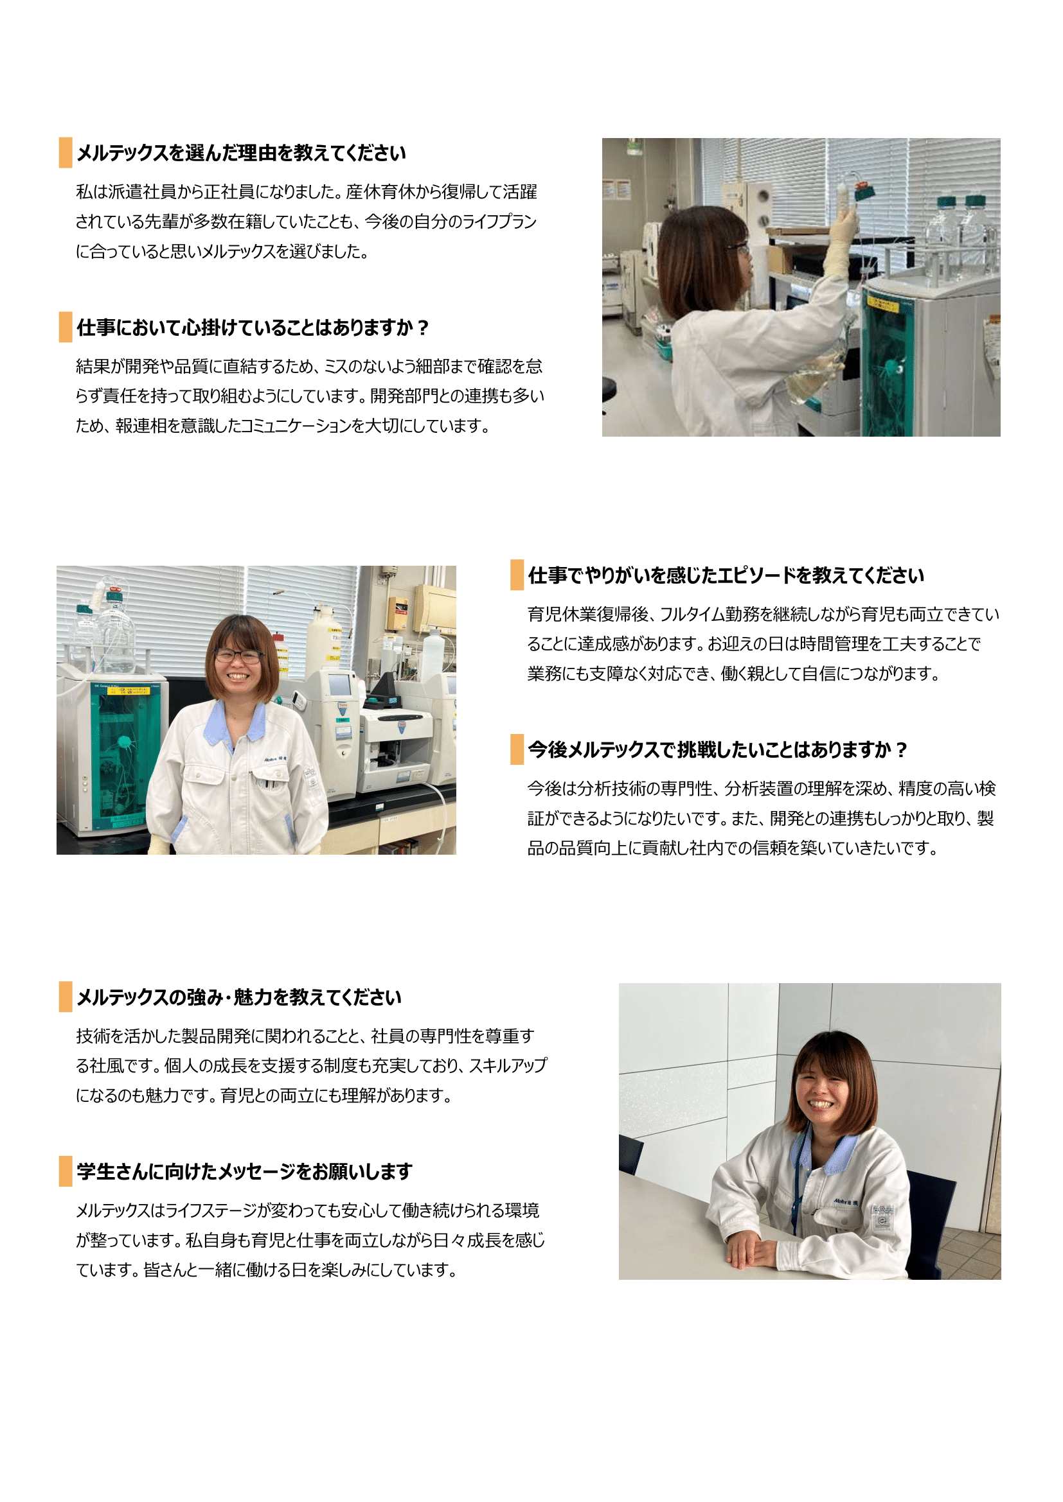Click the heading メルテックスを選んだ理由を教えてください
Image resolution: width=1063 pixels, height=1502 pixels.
coord(241,153)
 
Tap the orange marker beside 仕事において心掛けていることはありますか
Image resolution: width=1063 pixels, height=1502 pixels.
coord(66,327)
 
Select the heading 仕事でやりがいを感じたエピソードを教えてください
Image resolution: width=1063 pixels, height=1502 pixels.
coord(726,575)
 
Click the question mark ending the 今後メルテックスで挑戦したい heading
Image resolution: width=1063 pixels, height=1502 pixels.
coord(901,749)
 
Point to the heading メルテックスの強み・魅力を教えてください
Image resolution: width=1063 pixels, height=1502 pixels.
coord(239,998)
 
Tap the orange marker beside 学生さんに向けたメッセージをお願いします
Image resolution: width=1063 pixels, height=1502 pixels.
coord(66,1171)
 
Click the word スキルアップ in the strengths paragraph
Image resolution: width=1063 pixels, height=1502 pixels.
coord(508,1066)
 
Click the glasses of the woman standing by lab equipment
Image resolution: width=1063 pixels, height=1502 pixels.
coord(238,655)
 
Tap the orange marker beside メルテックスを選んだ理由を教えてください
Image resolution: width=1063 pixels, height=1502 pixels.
coord(66,153)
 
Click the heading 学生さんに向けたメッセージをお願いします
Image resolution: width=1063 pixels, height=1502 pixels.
coord(244,1172)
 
